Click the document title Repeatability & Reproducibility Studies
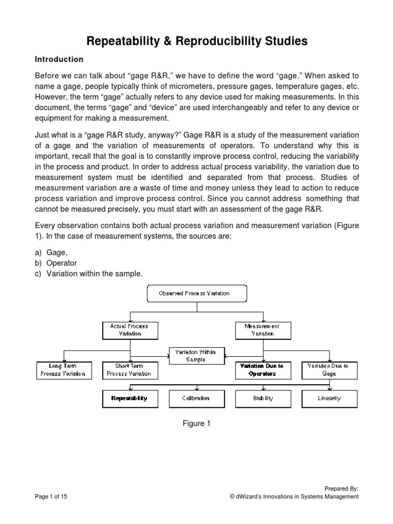click(196, 41)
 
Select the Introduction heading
click(59, 59)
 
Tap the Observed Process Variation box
click(197, 294)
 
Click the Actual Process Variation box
click(129, 330)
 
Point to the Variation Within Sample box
click(196, 356)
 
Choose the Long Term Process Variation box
click(63, 370)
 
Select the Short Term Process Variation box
click(129, 370)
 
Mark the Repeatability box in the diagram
click(129, 399)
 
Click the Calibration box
click(196, 399)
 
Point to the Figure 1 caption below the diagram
click(196, 424)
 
